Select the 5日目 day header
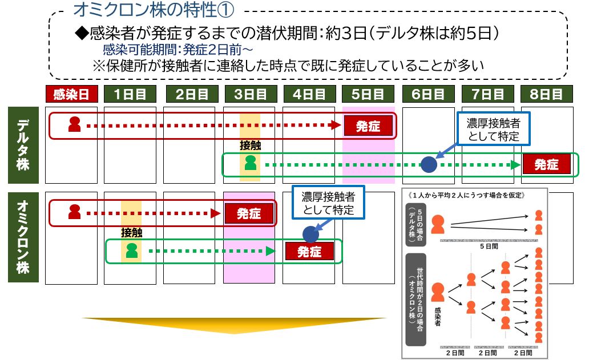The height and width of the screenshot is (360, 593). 368,94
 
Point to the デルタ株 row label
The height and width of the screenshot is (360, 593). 23,145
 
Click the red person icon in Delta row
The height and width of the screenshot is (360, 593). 74,124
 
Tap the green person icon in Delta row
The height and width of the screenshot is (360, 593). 250,164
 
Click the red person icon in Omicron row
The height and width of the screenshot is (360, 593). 74,212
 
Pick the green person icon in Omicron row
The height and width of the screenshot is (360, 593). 132,250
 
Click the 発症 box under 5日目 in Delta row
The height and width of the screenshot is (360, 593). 369,126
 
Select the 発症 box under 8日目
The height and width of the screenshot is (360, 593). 546,164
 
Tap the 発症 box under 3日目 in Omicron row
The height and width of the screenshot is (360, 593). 249,213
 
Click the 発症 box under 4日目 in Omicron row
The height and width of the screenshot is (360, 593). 309,251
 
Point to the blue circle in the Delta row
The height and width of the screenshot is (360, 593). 429,164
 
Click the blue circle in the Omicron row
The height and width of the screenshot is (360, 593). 310,233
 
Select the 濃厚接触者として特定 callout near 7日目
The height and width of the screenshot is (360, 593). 494,129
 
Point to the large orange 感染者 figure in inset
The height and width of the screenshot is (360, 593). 438,292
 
